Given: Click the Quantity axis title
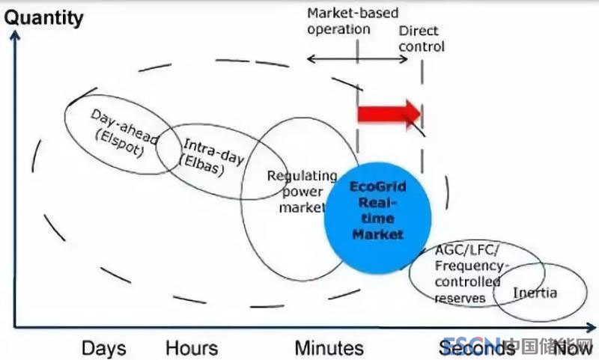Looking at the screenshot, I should [44, 17].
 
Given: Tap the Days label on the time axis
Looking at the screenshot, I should [104, 348].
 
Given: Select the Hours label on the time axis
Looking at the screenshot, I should [192, 348].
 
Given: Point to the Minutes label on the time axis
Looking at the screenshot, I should [329, 348].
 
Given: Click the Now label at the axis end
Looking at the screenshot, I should [574, 348].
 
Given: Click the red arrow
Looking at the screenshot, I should [389, 113].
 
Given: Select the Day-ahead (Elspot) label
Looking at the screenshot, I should [118, 129].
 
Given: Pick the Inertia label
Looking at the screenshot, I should [535, 292].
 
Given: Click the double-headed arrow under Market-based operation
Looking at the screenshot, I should [358, 58].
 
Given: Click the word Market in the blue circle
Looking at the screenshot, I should [379, 234].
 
